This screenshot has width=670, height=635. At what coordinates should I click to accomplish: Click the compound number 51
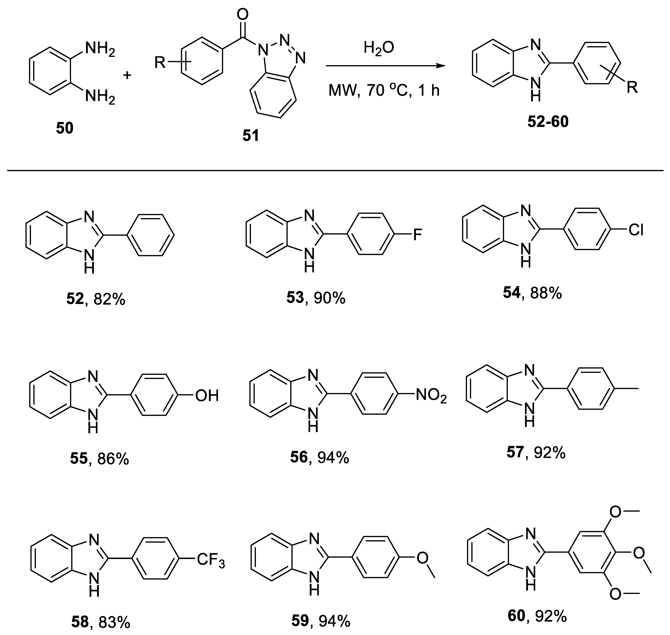coord(251,136)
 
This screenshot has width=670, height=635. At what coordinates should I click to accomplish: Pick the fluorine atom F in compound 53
coord(418,234)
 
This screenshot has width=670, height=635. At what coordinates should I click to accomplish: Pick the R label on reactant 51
coord(160,62)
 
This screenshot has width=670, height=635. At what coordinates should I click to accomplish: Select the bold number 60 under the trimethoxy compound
coord(516,616)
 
